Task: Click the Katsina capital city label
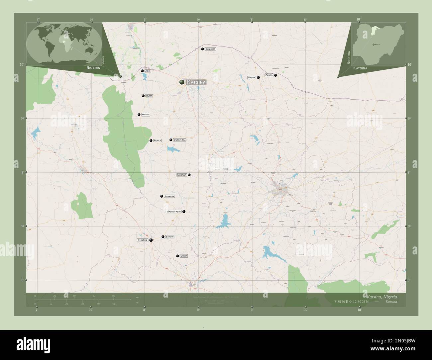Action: tap(196, 82)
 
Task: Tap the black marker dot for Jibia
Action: tap(142, 71)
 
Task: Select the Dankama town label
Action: tap(210, 49)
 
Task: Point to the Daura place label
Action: tap(252, 77)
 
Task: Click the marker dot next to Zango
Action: tap(275, 75)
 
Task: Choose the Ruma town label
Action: tap(149, 96)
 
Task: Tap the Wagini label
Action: tap(146, 115)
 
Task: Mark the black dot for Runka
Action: tap(151, 140)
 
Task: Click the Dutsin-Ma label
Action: tap(180, 140)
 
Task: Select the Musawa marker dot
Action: tap(189, 175)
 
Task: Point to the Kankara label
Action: tap(169, 196)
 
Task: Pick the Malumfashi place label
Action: tap(173, 212)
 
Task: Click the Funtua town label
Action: tap(142, 240)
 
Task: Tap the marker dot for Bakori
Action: tap(163, 237)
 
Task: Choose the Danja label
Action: tap(183, 256)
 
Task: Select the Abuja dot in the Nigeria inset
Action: tap(374, 44)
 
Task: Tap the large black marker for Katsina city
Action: tap(182, 82)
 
